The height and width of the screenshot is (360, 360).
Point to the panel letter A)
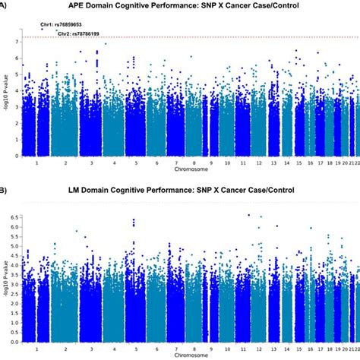[x=4, y=6]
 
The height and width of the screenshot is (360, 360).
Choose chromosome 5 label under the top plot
[x=134, y=163]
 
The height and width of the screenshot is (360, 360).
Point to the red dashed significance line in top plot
[x=190, y=36]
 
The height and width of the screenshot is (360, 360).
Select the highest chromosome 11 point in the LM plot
[x=248, y=215]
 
